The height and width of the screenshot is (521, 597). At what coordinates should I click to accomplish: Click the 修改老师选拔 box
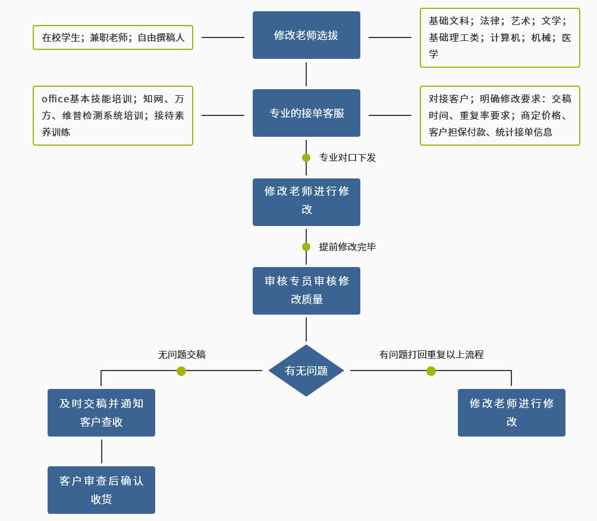click(x=306, y=35)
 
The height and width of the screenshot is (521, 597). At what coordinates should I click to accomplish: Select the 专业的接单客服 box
click(x=306, y=113)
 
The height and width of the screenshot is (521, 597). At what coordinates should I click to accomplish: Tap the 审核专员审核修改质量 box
click(x=306, y=290)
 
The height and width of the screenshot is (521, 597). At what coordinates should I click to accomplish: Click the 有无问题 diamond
click(x=306, y=371)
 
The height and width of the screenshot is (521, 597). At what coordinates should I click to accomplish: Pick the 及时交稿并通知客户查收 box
click(x=101, y=413)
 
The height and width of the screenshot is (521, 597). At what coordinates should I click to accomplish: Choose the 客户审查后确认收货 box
click(x=101, y=489)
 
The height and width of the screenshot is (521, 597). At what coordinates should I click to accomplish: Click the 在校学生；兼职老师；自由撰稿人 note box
click(x=113, y=37)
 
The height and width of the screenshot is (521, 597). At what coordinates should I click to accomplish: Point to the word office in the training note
click(x=55, y=99)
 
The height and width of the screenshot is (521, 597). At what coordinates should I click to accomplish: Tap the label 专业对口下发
click(x=347, y=158)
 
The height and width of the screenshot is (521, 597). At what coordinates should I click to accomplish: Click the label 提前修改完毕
click(x=347, y=247)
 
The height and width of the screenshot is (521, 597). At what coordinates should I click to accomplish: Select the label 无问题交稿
click(x=181, y=354)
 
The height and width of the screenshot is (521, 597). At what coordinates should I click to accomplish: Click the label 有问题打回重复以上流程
click(x=431, y=354)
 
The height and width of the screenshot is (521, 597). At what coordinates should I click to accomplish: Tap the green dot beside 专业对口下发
click(x=306, y=158)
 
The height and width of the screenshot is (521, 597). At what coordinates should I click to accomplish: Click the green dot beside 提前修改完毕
click(x=306, y=247)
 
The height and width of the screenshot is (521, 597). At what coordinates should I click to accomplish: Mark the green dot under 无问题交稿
click(x=181, y=371)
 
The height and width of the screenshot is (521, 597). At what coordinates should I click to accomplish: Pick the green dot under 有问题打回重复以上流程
click(x=431, y=371)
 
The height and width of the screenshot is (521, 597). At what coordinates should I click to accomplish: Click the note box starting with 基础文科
click(x=499, y=37)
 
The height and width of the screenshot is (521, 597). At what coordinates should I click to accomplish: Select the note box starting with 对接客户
click(x=499, y=115)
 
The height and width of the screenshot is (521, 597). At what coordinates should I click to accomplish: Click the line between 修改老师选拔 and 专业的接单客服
click(x=306, y=74)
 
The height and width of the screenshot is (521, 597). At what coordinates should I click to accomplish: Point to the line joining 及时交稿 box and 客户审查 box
click(x=102, y=451)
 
